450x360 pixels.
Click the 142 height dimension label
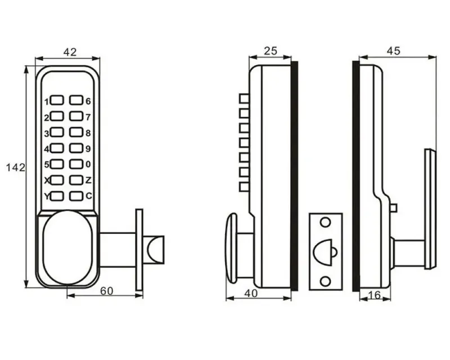pos(16,168)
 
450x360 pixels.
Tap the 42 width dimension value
pos(70,52)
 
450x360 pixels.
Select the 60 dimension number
pos(107,291)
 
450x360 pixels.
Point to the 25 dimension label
pos(271,51)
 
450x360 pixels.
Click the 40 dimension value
pos(251,294)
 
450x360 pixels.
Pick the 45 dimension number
pos(393,51)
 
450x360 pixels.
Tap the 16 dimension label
pos(375,295)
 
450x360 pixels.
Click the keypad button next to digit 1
pos(57,100)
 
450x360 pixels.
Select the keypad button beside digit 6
pos(76,100)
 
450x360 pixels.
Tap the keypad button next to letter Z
pos(76,180)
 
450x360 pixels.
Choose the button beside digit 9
pos(76,148)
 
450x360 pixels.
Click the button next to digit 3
pos(57,132)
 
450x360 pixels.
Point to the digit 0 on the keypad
pos(88,164)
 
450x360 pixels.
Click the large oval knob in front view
pos(67,247)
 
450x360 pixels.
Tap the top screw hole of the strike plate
pos(325,222)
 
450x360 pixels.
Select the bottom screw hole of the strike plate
pos(325,281)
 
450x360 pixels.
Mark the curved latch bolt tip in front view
pos(156,250)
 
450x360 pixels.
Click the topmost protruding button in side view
pos(244,98)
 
